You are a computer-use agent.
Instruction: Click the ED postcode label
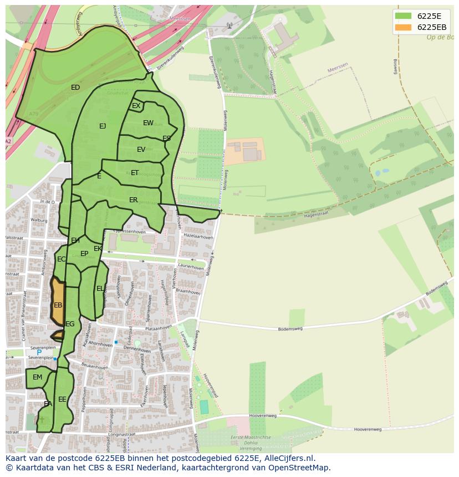point(75,88)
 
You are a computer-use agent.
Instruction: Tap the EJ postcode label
point(103,126)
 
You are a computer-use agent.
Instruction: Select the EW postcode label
point(148,123)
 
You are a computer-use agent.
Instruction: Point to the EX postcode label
point(136,106)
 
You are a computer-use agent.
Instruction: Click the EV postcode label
point(141,150)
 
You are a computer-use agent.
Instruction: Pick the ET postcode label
point(135,173)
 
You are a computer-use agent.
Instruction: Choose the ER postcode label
point(133,200)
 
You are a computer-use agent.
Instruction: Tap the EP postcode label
point(84,254)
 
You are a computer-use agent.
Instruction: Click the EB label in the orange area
point(58,305)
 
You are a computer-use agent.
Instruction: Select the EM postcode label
point(37,377)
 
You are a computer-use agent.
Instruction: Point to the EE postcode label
point(62,399)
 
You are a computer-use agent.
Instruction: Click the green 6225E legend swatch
point(404,16)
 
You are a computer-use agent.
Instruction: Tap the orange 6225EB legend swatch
point(404,27)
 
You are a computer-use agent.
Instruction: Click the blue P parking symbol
point(39,352)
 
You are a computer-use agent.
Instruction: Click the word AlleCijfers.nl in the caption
point(288,458)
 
